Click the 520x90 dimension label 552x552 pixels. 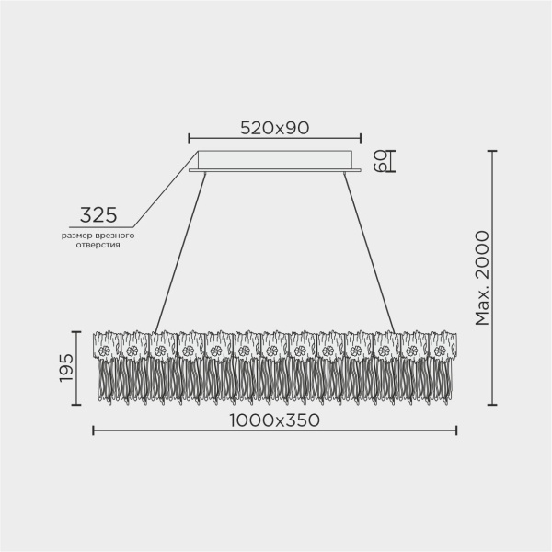coord(274,128)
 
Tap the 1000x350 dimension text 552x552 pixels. coord(273,420)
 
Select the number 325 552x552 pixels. coord(98,215)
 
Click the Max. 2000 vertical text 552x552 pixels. coord(482,277)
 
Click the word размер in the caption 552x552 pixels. coord(76,236)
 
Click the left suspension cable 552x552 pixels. coord(179,252)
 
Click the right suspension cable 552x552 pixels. coord(371,252)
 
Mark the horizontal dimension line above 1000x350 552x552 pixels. coord(274,432)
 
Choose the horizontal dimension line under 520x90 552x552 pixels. coord(274,140)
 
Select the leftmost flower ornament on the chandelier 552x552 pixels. coord(105,351)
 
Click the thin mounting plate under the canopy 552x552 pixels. coord(274,170)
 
